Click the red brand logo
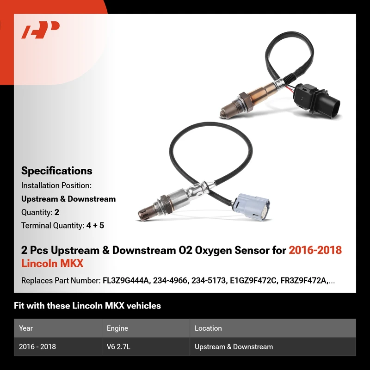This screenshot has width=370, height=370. [x=40, y=30]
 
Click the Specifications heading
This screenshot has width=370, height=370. [x=56, y=171]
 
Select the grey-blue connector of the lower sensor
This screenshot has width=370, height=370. [x=250, y=207]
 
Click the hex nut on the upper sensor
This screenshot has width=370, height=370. [x=246, y=101]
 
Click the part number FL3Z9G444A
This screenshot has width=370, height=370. [x=126, y=281]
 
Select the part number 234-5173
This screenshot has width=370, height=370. [x=209, y=281]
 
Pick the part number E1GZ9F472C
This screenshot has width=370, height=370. [x=253, y=281]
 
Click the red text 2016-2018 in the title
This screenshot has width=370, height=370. [x=315, y=250]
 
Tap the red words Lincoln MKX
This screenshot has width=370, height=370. [x=52, y=263]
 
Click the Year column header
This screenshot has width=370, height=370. [x=26, y=328]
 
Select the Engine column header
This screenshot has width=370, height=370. [x=117, y=328]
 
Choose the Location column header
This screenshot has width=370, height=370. [x=208, y=328]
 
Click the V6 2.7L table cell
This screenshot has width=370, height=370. [x=118, y=346]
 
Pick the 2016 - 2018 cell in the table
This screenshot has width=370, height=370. [x=37, y=346]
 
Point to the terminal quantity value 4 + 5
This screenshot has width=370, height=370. [x=95, y=225]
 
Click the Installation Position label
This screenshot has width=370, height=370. [x=56, y=185]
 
